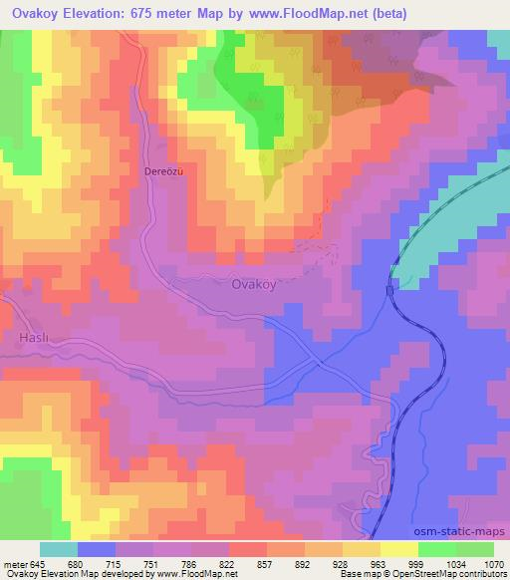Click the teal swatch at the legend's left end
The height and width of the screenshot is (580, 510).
tap(59, 549)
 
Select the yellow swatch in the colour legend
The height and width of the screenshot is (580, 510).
tap(399, 549)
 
